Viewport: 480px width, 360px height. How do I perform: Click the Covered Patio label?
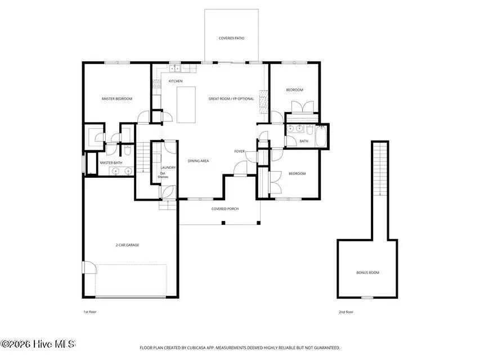coord(231,38)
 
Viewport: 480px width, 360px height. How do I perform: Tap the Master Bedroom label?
coord(116,99)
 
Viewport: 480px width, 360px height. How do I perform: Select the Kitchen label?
coord(176,81)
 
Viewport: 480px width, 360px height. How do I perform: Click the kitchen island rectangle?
coord(186,105)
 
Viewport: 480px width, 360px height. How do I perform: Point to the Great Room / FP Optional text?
coord(231,99)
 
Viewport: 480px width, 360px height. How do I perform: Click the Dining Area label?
coord(198,161)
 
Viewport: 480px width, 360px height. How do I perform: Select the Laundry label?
coord(168,168)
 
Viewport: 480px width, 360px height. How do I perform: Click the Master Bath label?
coord(111,163)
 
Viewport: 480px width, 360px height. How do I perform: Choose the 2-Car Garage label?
coord(128,245)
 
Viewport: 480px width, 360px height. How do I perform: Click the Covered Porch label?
coord(225,209)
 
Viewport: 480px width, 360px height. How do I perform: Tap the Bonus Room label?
coord(367,272)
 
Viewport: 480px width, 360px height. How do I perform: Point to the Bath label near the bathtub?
coord(304,141)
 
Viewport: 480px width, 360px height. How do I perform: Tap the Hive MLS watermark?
coord(38,344)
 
